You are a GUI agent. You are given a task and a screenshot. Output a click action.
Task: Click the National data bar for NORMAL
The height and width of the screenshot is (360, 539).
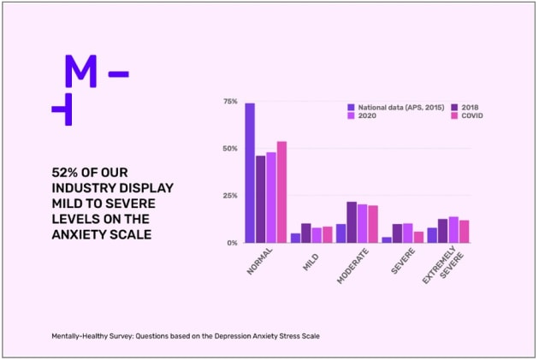[x=250, y=173]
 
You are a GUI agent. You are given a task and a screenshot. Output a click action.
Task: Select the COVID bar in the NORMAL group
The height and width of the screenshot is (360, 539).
[x=281, y=192]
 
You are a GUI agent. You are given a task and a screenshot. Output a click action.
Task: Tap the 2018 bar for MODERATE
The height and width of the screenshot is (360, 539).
[x=352, y=222]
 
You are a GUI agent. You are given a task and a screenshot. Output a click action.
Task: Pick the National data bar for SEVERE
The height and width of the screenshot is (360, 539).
[x=387, y=240]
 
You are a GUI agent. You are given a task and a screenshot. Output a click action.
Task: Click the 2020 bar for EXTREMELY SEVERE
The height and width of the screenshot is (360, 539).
[x=453, y=230]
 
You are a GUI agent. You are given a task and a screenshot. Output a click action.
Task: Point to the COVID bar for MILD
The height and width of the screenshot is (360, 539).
[x=328, y=235]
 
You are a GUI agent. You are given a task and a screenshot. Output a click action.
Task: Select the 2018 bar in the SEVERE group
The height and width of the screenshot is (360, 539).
[x=397, y=233]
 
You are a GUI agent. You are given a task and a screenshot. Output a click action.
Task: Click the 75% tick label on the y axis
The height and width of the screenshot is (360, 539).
[x=230, y=102]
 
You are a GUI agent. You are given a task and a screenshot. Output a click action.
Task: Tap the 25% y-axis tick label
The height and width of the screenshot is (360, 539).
[x=230, y=196]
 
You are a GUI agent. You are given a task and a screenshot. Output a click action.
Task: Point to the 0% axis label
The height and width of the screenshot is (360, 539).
[x=233, y=243]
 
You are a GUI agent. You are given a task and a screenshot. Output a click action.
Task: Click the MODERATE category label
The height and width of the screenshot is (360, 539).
[x=352, y=267]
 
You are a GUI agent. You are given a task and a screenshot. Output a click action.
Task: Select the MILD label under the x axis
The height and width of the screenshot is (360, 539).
[x=311, y=263]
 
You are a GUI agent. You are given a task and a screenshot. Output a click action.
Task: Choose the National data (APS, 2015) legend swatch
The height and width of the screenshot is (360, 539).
[x=351, y=108]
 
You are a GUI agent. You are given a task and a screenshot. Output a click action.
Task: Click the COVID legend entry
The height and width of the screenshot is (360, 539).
[x=467, y=115]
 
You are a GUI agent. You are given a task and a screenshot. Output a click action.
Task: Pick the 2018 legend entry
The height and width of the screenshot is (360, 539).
[x=465, y=108]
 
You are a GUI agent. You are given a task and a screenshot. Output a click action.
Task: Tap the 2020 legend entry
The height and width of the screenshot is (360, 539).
[x=362, y=115]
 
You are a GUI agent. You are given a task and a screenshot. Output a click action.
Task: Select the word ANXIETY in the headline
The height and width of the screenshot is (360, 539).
[x=80, y=234]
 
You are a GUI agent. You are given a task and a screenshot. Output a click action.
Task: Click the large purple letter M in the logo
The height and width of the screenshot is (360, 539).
[x=81, y=71]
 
